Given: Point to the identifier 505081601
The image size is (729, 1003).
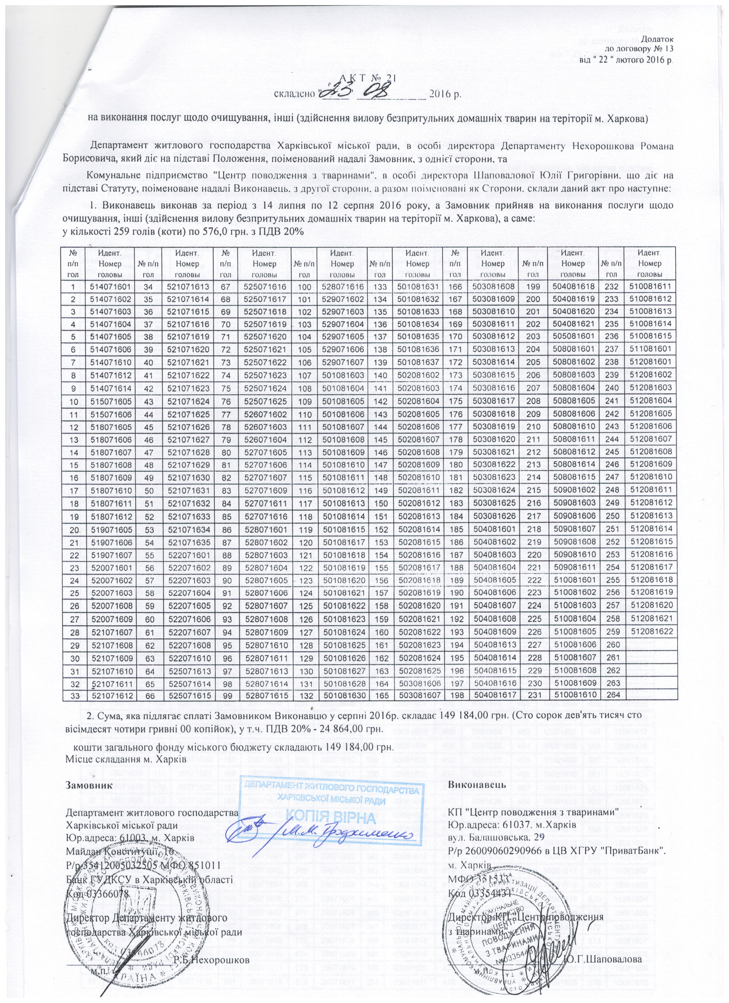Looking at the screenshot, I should click(x=573, y=337).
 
